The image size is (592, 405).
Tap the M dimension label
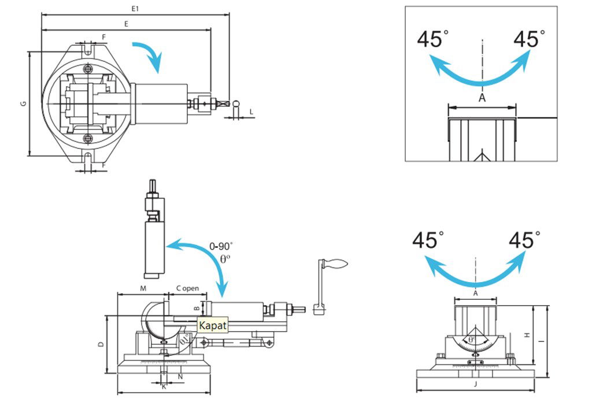click(x=142, y=288)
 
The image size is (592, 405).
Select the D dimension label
click(x=101, y=344)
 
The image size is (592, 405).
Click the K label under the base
click(x=164, y=387)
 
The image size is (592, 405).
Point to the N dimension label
click(x=180, y=377)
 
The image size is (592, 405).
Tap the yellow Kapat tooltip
click(x=212, y=325)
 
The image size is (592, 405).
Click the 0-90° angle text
click(x=221, y=246)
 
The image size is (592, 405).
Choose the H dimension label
click(x=527, y=335)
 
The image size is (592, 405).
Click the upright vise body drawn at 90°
click(x=153, y=231)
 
